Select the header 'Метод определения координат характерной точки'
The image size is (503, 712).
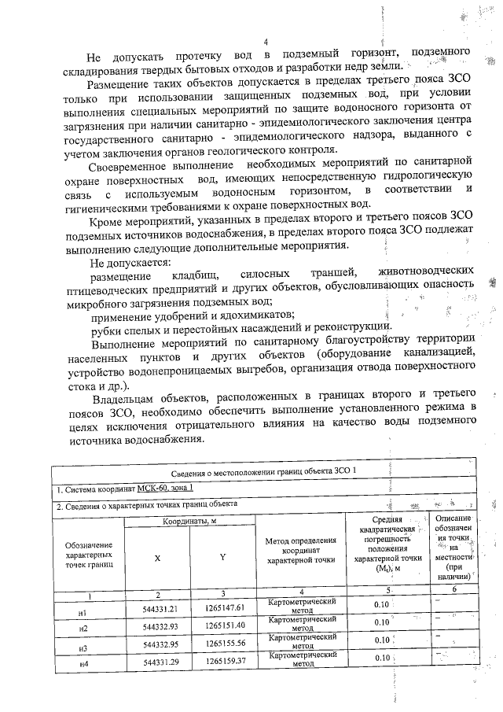(x=301, y=551)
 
